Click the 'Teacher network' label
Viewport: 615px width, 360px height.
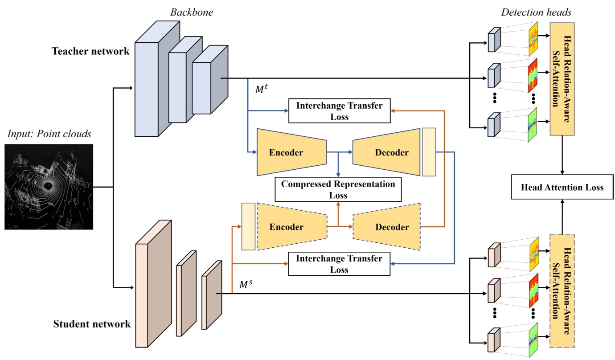(x=91, y=51)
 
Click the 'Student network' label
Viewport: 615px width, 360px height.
(x=92, y=324)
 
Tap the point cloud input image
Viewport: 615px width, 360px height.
(x=49, y=186)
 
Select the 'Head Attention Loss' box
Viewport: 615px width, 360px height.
(x=562, y=187)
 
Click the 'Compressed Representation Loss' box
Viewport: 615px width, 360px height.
(x=338, y=189)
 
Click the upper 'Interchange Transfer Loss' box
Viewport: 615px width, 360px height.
(x=339, y=110)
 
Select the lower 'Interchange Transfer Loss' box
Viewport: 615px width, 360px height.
(x=339, y=264)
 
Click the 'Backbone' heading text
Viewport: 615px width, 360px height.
(x=192, y=12)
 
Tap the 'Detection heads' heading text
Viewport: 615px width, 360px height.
(x=536, y=12)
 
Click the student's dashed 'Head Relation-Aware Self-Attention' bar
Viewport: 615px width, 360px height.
(x=562, y=290)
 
